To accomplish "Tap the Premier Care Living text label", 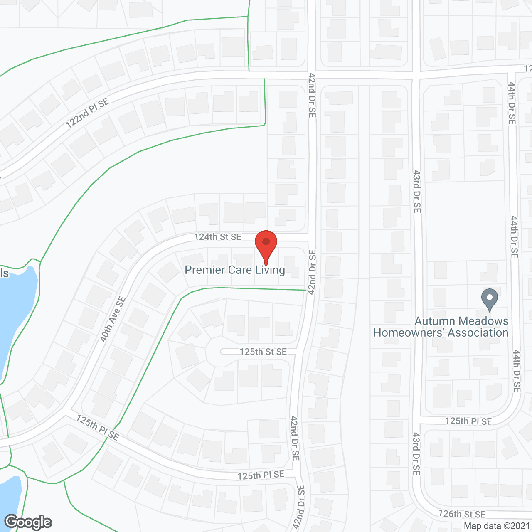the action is (x=235, y=270).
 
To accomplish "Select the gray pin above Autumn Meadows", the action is (x=490, y=299).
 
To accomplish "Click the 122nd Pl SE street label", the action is (x=87, y=113).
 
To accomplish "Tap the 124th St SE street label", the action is (x=217, y=237).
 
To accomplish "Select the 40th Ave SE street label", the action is (x=113, y=319).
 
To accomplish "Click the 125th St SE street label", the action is (x=263, y=352).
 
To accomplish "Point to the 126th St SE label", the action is (x=462, y=514).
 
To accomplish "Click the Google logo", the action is (x=28, y=522).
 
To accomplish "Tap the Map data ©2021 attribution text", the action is (x=497, y=526).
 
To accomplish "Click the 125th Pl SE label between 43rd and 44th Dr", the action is (x=468, y=421).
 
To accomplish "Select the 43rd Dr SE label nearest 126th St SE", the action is (x=416, y=454).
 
